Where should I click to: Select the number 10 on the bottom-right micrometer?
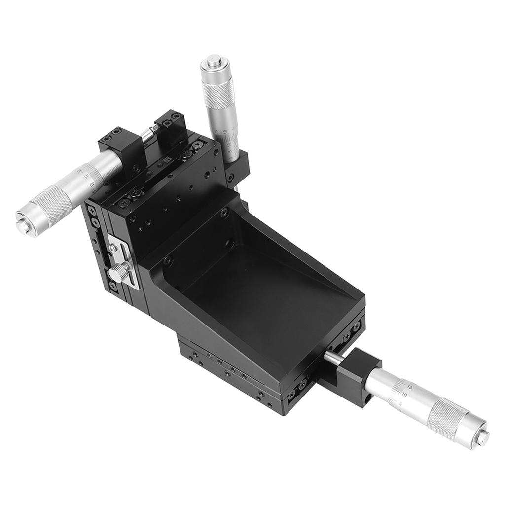404,394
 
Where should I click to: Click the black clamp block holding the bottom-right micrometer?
355,378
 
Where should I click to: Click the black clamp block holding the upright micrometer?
240,165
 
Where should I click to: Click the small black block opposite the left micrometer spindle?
170,123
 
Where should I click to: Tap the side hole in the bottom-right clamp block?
367,395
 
